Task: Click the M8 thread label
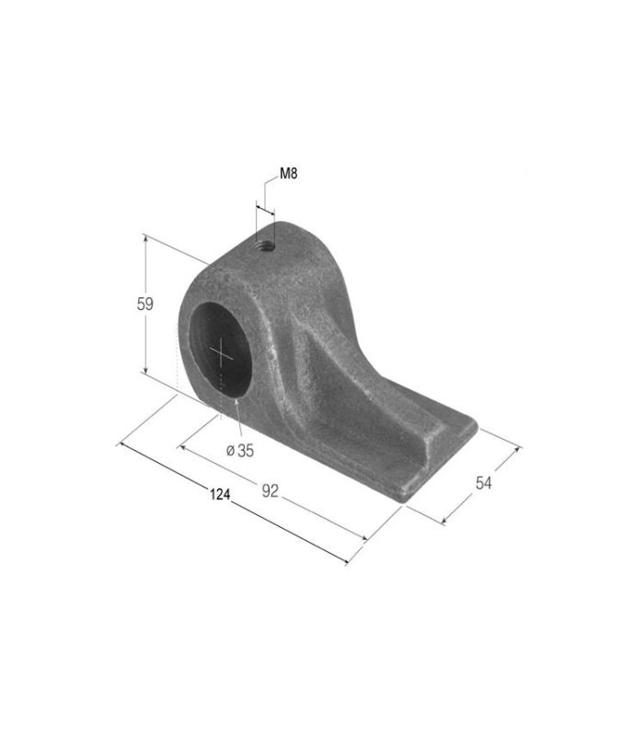[x=289, y=174]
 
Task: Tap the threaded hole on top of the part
[x=265, y=244]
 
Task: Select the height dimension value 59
[x=145, y=305]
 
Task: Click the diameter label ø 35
[x=240, y=451]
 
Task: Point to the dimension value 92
[x=270, y=491]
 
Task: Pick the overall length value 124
[x=220, y=494]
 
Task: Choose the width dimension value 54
[x=484, y=482]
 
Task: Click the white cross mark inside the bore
[x=221, y=353]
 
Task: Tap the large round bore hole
[x=221, y=350]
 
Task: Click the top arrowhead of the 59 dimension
[x=145, y=238]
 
